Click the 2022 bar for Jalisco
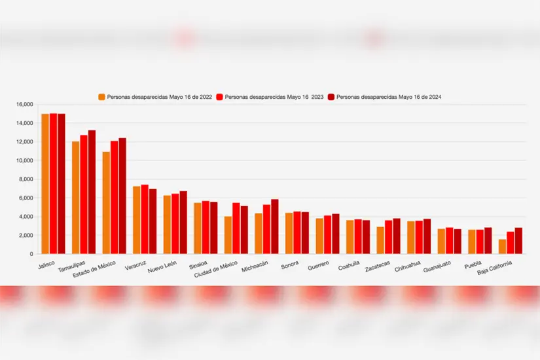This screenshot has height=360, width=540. pyautogui.click(x=45, y=183)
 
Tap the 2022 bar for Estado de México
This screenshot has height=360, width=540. pyautogui.click(x=106, y=202)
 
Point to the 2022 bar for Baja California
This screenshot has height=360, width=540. pyautogui.click(x=502, y=246)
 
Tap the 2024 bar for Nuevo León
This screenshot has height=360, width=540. pyautogui.click(x=183, y=222)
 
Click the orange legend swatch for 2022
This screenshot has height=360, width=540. pyautogui.click(x=102, y=97)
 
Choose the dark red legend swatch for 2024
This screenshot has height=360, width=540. pyautogui.click(x=332, y=97)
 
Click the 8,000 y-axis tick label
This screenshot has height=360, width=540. pyautogui.click(x=26, y=179)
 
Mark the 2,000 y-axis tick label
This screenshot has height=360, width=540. pyautogui.click(x=26, y=235)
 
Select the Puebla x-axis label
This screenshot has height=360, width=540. pyautogui.click(x=473, y=265)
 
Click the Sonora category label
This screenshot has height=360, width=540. pyautogui.click(x=289, y=265)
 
